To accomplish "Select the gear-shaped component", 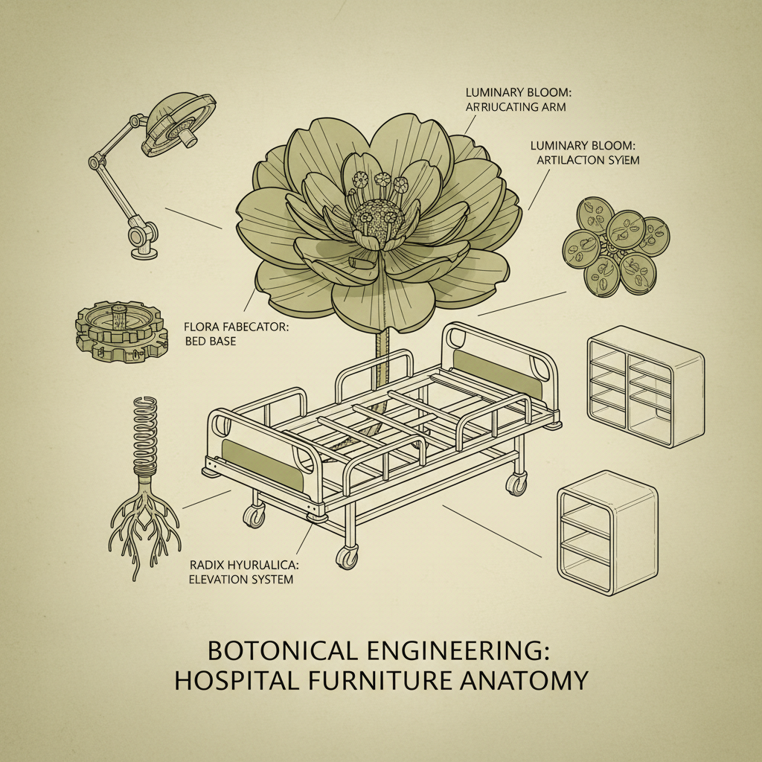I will [119, 331].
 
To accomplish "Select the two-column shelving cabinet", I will [644, 386].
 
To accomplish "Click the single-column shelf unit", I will [607, 532].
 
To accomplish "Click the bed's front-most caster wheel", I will [347, 557].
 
